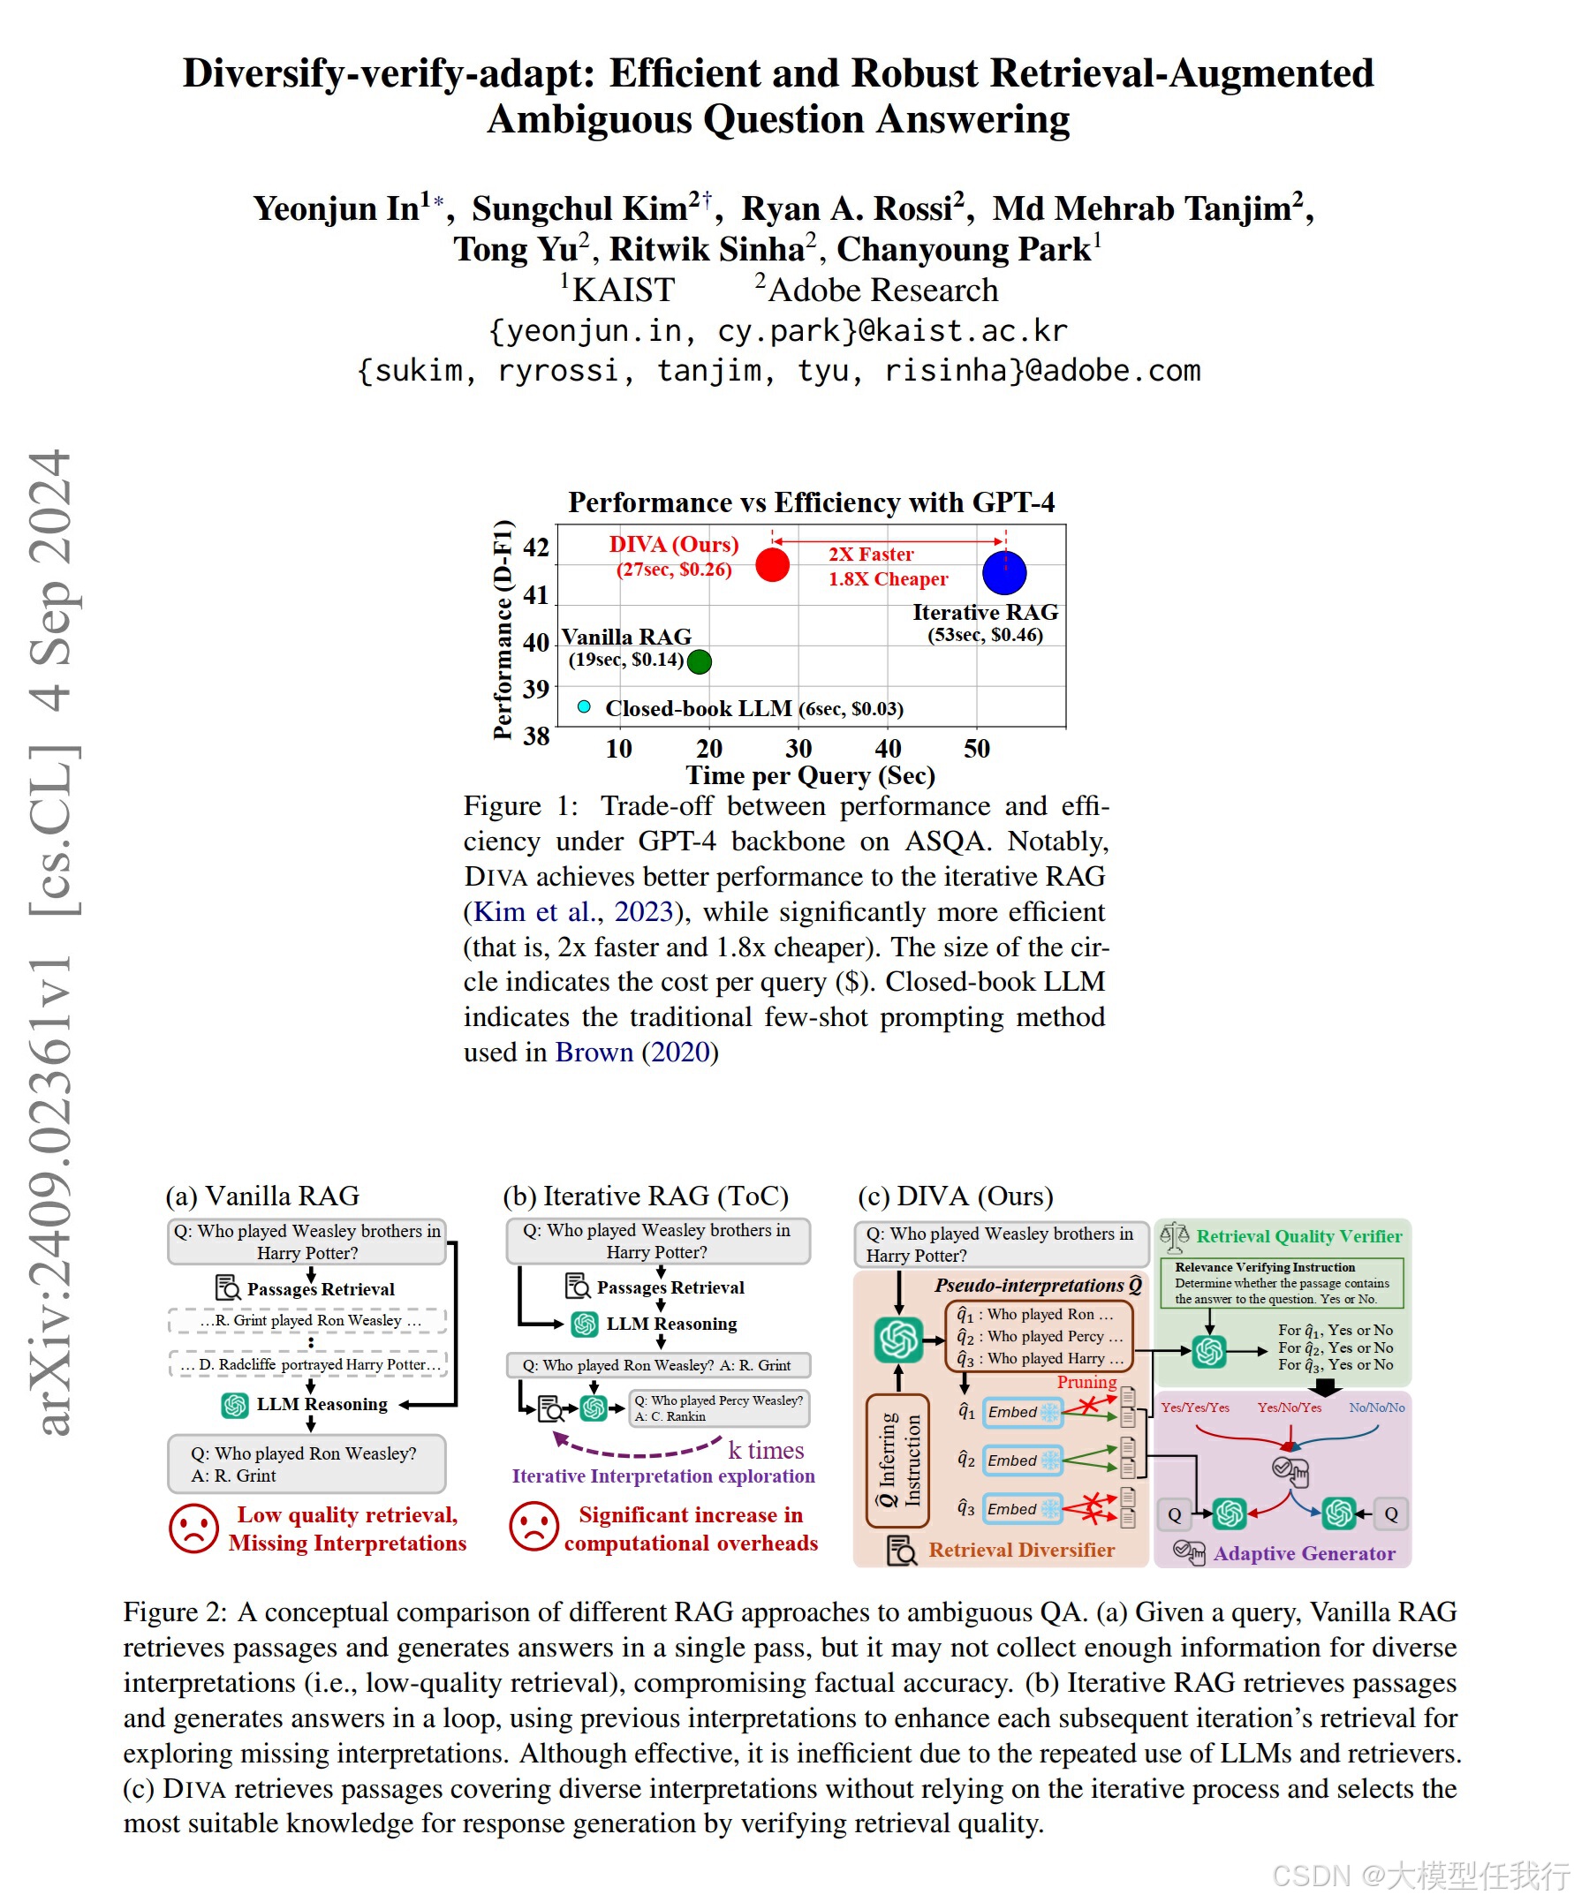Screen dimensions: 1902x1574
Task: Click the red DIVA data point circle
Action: click(x=772, y=564)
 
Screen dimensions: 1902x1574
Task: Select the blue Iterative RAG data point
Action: click(x=1004, y=572)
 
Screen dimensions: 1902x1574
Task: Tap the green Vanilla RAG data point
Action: click(x=699, y=662)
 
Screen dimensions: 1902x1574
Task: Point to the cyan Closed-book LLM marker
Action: click(x=585, y=706)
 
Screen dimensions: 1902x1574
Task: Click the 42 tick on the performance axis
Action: click(x=536, y=547)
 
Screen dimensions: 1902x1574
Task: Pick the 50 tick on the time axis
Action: click(x=977, y=748)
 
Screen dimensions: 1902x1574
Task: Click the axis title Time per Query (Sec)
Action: click(x=810, y=775)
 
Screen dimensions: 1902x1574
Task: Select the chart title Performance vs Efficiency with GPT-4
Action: click(x=811, y=502)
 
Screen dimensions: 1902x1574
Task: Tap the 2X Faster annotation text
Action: click(x=871, y=555)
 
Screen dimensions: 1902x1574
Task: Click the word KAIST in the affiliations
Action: click(x=624, y=290)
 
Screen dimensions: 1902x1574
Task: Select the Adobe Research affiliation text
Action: click(x=882, y=290)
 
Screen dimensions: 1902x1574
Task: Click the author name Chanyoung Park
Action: click(x=964, y=249)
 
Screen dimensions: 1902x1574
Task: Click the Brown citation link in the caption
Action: click(x=594, y=1052)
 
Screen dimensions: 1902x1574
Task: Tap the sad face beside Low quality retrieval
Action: click(x=193, y=1528)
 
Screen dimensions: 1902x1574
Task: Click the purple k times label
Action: click(x=766, y=1450)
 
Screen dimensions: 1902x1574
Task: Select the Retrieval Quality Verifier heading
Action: click(x=1298, y=1236)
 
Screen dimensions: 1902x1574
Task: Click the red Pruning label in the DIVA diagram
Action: click(x=1086, y=1382)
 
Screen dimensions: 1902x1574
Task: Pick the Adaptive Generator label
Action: click(x=1303, y=1553)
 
